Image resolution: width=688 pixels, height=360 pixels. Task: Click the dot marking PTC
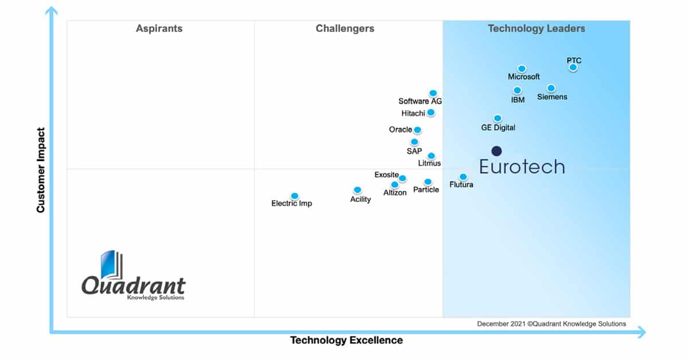(x=573, y=68)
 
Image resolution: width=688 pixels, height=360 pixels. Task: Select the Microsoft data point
(x=522, y=69)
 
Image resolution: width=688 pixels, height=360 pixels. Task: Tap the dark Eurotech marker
(x=497, y=151)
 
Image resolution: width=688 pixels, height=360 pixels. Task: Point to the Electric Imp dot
(x=295, y=196)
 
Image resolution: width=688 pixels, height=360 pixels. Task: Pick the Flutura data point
(x=463, y=177)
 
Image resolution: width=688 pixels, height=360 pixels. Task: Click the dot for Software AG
(x=433, y=93)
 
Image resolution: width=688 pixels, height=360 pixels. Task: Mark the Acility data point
(x=357, y=190)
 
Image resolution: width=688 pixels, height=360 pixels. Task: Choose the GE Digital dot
(x=498, y=119)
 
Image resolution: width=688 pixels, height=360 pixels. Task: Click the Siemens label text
(x=552, y=97)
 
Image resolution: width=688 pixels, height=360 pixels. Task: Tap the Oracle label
(x=400, y=130)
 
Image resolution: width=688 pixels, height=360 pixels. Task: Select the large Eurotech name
(x=522, y=167)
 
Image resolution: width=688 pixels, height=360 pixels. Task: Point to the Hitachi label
(x=413, y=114)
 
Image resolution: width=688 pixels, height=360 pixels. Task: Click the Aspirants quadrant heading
(x=159, y=29)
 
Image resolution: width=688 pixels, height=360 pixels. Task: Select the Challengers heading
(x=345, y=29)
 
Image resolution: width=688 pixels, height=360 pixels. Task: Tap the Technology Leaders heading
(x=536, y=29)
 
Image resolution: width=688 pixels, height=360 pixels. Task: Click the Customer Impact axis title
(x=41, y=170)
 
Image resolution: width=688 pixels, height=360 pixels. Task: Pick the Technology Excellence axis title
(x=346, y=341)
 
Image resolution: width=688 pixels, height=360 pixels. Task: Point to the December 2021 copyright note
(x=552, y=324)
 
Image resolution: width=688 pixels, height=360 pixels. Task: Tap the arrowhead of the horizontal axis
(x=641, y=332)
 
